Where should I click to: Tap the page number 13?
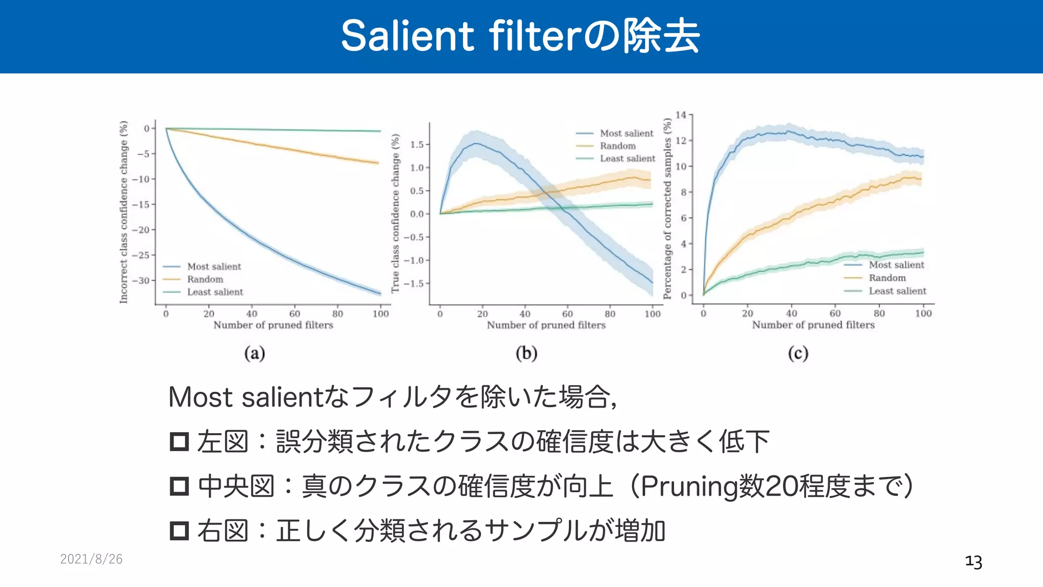(x=973, y=562)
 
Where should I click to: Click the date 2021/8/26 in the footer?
(x=91, y=559)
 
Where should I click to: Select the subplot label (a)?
(x=255, y=353)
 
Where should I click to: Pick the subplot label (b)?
(x=527, y=353)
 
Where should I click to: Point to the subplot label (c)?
(x=798, y=353)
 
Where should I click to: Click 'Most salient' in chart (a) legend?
(x=214, y=266)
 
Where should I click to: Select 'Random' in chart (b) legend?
(x=617, y=146)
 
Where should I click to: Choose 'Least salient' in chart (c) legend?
(x=897, y=291)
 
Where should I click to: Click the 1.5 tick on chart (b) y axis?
(x=417, y=145)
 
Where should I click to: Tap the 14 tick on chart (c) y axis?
(x=681, y=115)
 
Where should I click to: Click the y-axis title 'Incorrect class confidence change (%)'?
(x=124, y=212)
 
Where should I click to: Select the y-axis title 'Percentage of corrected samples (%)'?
(x=667, y=208)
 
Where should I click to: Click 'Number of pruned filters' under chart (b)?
(x=546, y=325)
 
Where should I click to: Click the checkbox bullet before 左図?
(x=179, y=441)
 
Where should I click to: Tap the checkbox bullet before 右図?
(x=179, y=530)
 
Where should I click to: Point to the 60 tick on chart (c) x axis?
(x=835, y=313)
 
